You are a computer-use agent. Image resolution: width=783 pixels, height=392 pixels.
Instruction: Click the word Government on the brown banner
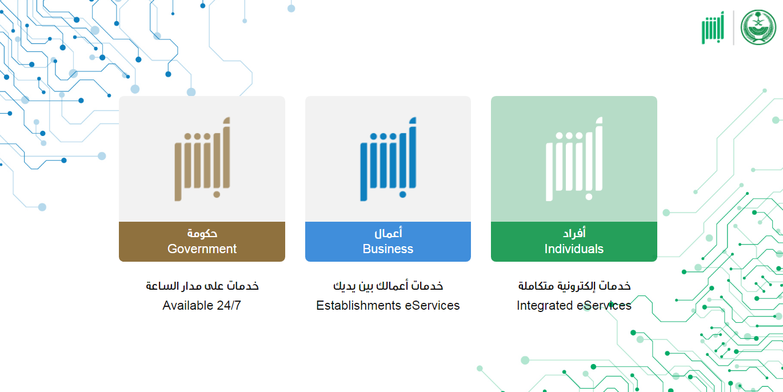(202, 249)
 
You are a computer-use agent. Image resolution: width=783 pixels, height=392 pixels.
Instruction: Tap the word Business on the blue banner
(387, 249)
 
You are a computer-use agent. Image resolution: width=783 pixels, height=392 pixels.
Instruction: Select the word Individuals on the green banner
(574, 249)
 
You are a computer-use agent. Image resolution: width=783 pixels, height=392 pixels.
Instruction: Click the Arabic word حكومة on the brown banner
(202, 233)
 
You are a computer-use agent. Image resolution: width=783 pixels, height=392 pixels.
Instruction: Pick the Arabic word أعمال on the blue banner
(388, 233)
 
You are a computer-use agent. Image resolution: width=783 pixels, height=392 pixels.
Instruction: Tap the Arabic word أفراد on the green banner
(574, 233)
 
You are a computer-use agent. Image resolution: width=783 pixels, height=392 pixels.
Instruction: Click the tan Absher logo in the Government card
(202, 159)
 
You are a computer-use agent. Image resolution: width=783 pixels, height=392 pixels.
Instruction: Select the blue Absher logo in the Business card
(388, 159)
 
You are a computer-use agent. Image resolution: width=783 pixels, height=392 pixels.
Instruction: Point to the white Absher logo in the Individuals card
(574, 159)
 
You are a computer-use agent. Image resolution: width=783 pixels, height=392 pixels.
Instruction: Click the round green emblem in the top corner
(758, 27)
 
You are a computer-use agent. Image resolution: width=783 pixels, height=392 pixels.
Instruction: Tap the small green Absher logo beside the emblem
(713, 28)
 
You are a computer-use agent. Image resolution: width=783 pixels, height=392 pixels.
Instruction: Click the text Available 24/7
(202, 305)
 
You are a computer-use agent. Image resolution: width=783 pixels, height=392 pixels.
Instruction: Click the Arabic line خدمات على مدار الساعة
(202, 286)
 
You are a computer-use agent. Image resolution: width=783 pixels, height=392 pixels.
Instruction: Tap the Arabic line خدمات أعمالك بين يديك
(388, 286)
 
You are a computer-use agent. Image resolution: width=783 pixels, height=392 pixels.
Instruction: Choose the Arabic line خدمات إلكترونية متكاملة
(574, 286)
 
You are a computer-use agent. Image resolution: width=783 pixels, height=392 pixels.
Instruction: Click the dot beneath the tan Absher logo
(217, 195)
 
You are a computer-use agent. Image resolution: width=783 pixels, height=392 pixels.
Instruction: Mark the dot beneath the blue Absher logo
(403, 195)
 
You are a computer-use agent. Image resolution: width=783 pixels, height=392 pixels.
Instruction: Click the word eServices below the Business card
(432, 305)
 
